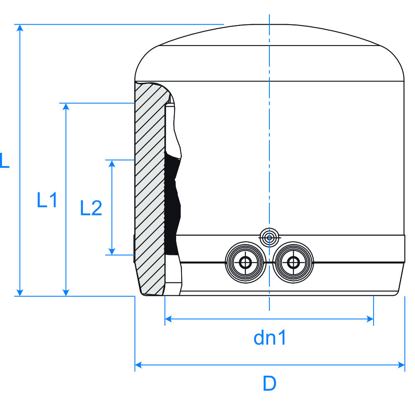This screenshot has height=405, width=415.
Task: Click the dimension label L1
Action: coord(47,200)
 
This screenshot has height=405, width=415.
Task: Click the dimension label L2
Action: coord(91,208)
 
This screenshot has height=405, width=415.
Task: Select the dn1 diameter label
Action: coord(270,338)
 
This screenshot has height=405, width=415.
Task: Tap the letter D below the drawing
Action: coord(269,383)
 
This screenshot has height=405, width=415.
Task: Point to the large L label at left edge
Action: coord(5,160)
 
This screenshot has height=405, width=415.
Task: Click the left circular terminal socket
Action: coord(246,262)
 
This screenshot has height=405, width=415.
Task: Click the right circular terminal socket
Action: coord(293,262)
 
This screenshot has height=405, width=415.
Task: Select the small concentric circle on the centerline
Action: coord(269,238)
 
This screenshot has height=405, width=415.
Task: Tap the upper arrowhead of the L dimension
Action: coord(20,28)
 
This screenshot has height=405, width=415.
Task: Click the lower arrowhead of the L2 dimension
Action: coord(112,251)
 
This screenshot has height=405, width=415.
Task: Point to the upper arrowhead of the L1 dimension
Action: coord(66,107)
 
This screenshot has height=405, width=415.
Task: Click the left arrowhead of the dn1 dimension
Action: coord(168,319)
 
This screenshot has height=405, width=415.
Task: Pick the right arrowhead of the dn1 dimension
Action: coord(370,319)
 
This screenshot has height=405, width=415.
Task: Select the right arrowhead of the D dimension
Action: coord(402,365)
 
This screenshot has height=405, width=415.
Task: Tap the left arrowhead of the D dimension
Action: coord(138,365)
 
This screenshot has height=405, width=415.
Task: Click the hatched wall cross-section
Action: coord(150,189)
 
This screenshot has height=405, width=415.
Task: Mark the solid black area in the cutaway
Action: coord(172,204)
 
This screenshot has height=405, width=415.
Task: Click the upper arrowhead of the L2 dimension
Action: coord(112,164)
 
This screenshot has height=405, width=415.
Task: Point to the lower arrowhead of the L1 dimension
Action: coord(66,292)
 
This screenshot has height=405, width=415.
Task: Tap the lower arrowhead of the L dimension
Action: coord(20,292)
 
